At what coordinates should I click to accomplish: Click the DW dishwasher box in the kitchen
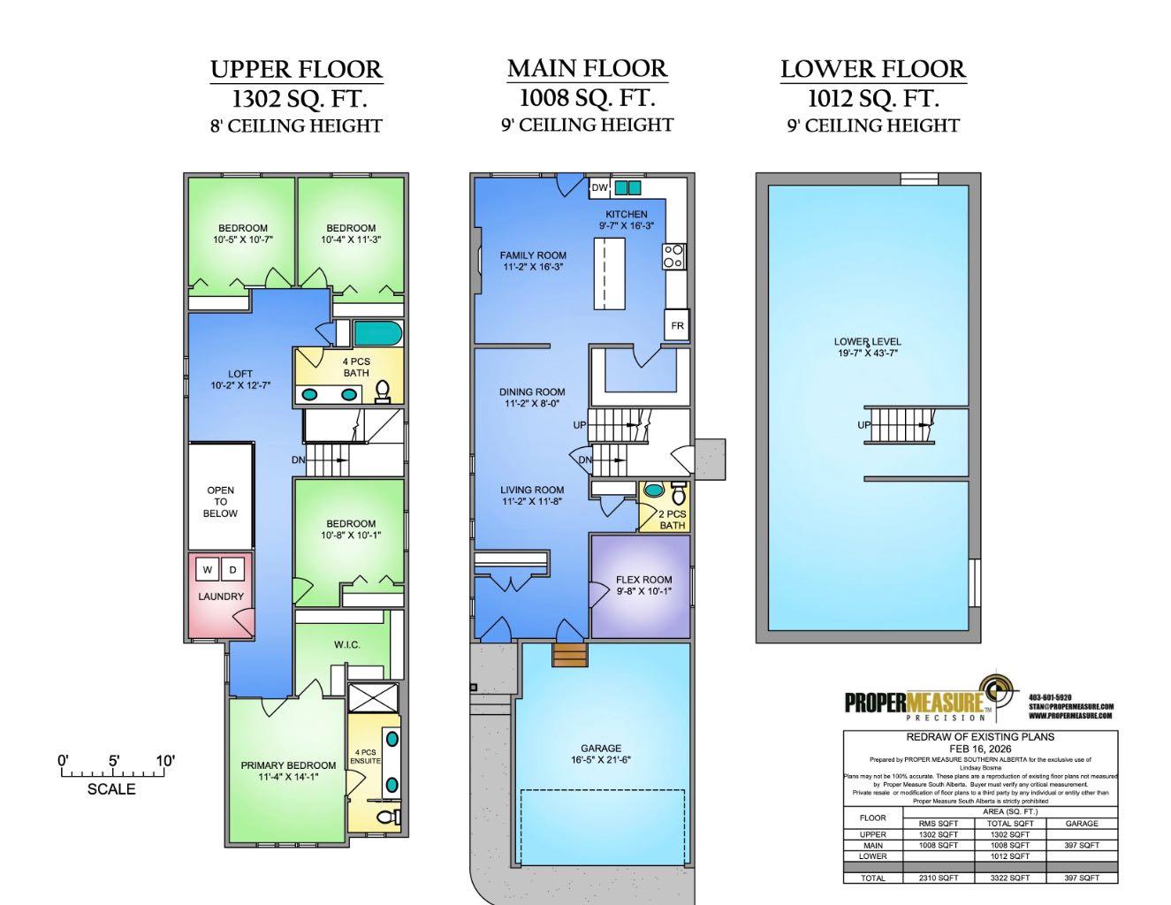click(600, 187)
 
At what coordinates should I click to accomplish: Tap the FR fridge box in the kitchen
click(677, 325)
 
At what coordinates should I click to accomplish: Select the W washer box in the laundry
click(208, 570)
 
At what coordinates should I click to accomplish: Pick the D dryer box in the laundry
click(233, 570)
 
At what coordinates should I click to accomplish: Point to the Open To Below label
click(220, 501)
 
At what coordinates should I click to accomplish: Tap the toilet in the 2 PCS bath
click(679, 491)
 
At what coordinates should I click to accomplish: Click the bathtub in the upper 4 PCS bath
click(378, 333)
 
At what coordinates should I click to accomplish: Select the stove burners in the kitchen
click(673, 256)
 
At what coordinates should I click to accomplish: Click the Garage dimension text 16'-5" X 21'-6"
click(601, 759)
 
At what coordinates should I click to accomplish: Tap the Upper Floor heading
click(296, 69)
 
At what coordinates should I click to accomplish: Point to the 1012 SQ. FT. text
click(872, 98)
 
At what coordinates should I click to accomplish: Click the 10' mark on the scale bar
click(165, 761)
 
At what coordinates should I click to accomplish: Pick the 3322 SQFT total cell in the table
click(1009, 878)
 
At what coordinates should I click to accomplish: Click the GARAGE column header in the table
click(1082, 823)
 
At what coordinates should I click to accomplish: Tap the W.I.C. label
click(346, 644)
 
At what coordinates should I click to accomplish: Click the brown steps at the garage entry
click(570, 655)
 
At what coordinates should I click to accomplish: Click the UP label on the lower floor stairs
click(863, 425)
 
